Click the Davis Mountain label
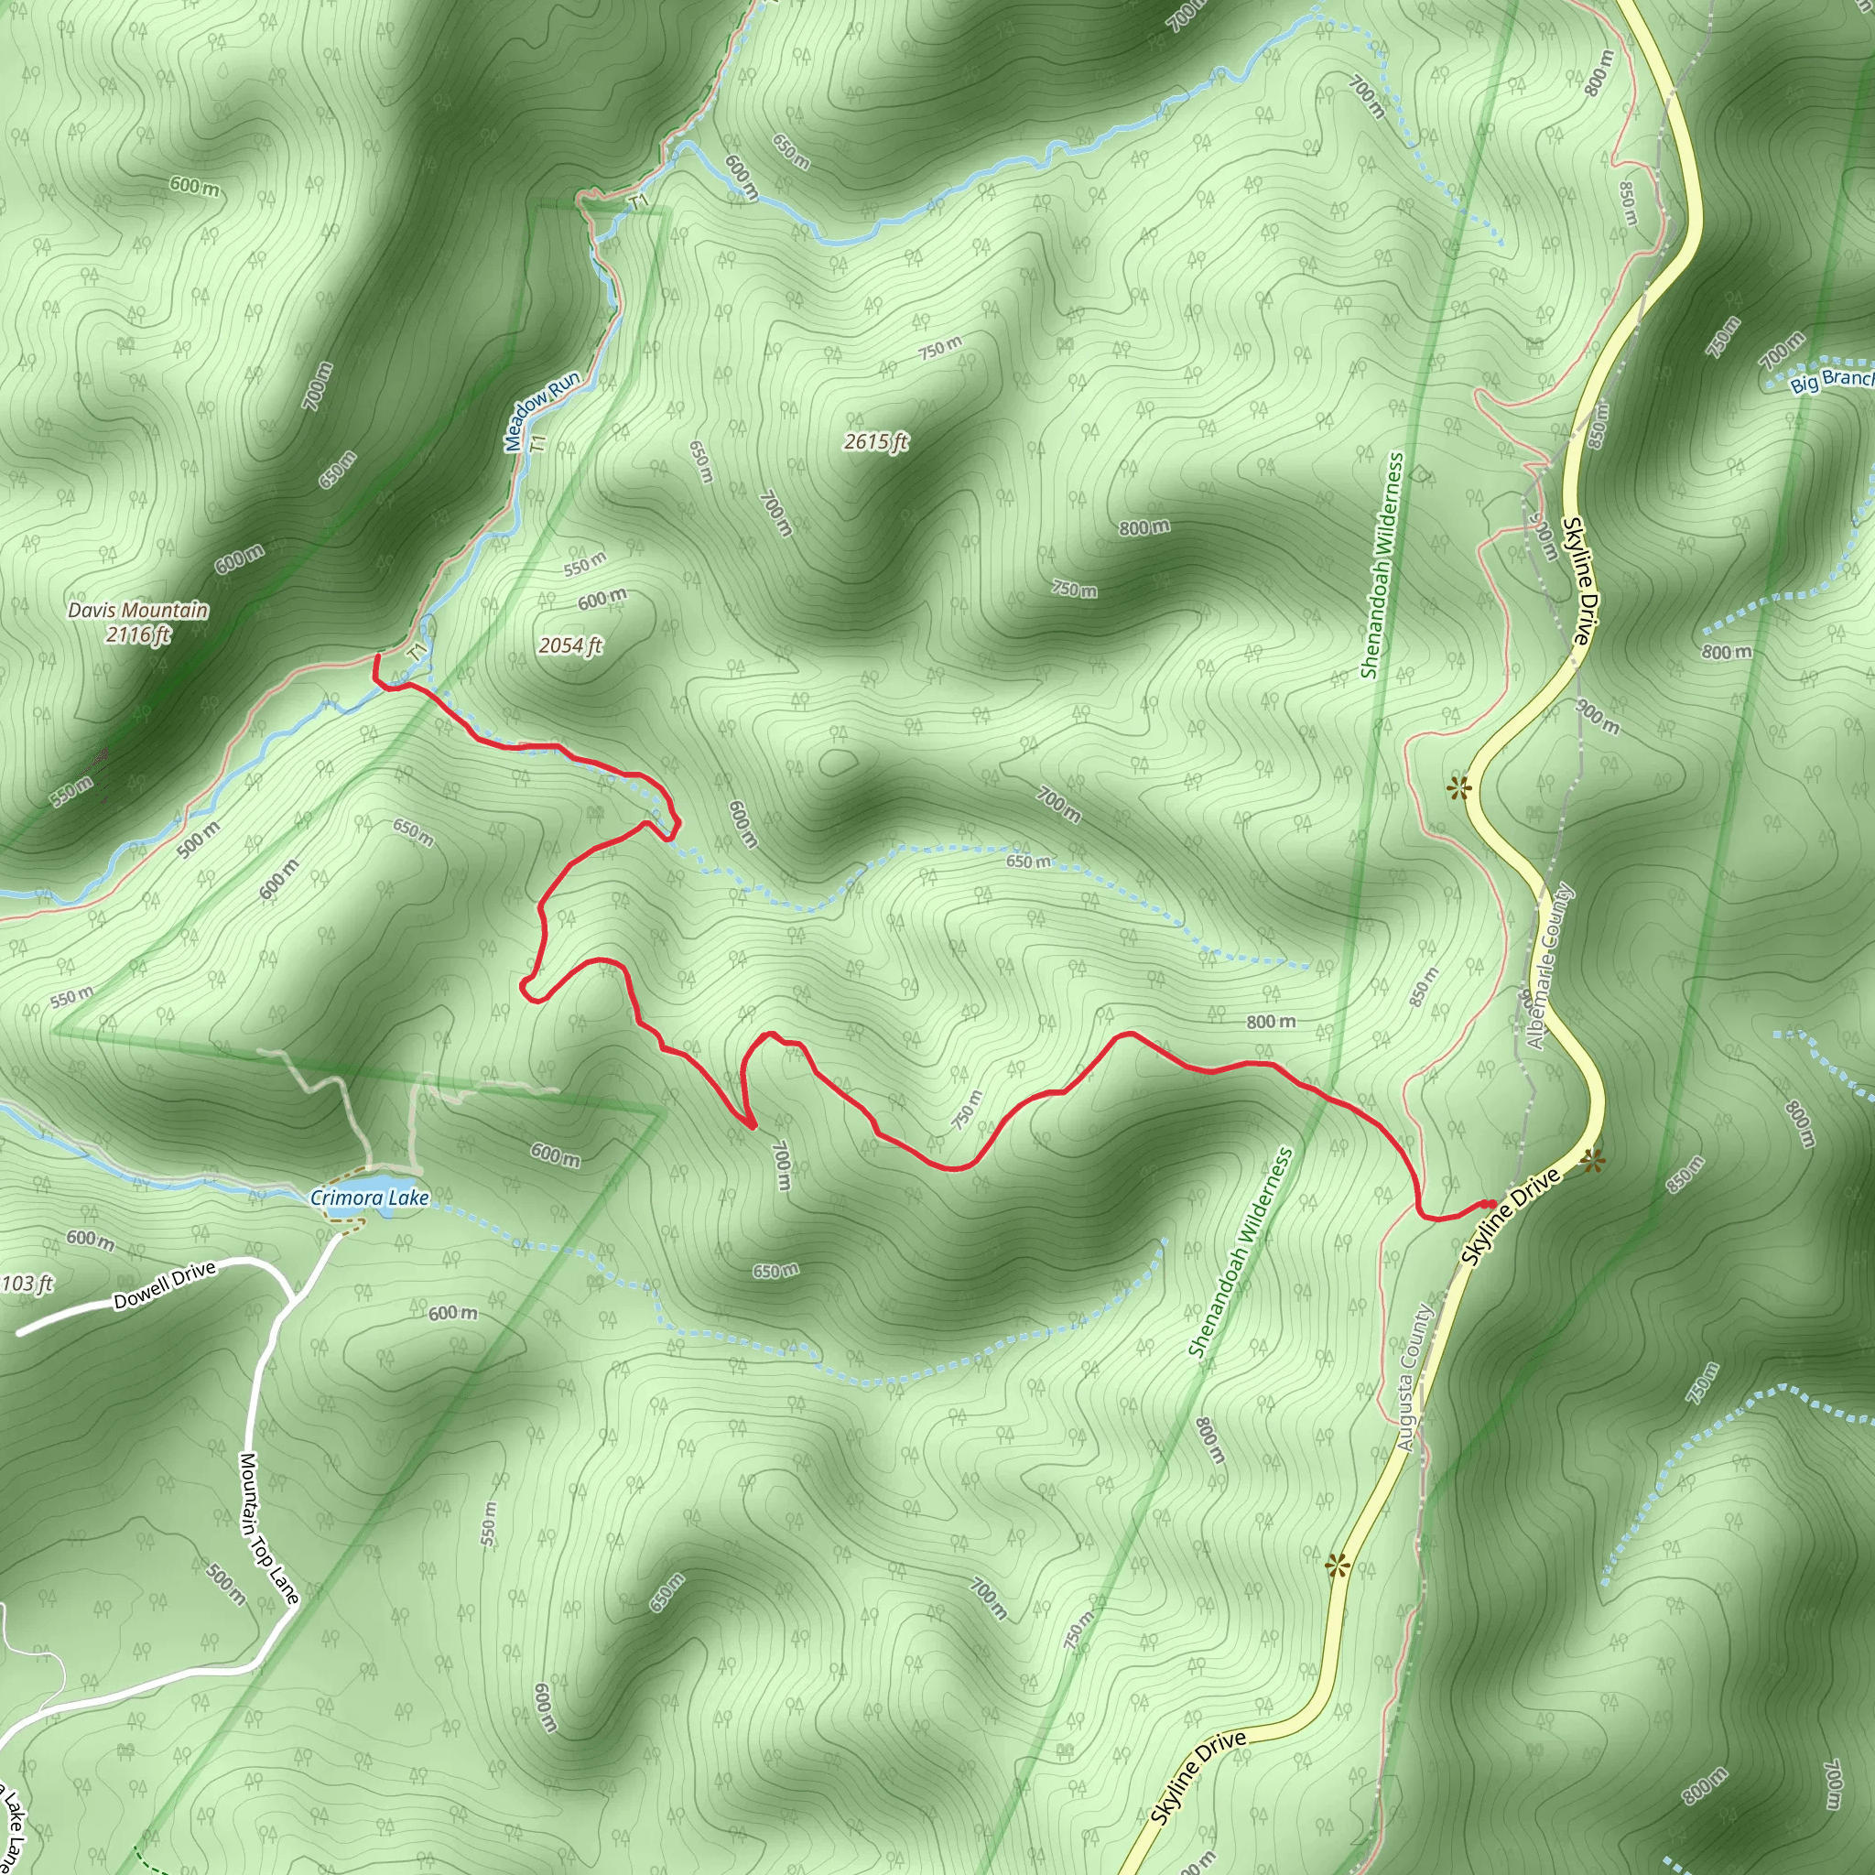click(x=138, y=611)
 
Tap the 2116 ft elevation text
click(x=138, y=634)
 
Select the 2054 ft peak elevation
click(x=570, y=645)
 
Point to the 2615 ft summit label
click(x=875, y=442)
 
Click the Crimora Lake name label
click(x=370, y=1198)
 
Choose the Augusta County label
click(x=1415, y=1377)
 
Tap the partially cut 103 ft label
click(x=27, y=1284)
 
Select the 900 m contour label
click(x=1598, y=717)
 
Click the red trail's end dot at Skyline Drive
click(x=1489, y=1205)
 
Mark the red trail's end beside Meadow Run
click(x=376, y=658)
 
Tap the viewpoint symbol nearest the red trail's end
click(x=1591, y=1160)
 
